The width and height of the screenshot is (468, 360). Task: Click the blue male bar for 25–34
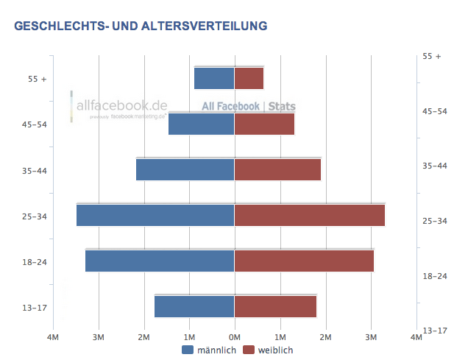tap(155, 215)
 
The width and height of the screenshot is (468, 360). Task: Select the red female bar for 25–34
tap(309, 215)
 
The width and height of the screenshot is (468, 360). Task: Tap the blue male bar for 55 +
tap(214, 78)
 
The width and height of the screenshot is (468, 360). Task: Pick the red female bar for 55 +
tap(249, 78)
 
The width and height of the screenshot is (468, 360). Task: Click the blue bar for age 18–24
tap(160, 261)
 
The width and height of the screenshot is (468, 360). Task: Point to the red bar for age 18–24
tap(304, 261)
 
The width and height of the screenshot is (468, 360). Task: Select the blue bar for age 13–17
tap(194, 306)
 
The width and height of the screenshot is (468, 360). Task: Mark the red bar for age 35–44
tap(277, 169)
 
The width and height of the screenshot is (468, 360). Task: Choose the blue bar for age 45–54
tap(201, 124)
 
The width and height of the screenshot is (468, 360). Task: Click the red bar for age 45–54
tap(264, 124)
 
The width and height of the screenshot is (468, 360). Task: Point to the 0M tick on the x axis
tap(234, 337)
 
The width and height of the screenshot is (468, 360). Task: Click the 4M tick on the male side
tap(53, 337)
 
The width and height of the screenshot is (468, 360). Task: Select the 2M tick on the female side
tap(325, 337)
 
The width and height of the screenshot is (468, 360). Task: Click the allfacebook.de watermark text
tap(122, 105)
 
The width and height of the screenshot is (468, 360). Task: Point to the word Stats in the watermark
tap(282, 107)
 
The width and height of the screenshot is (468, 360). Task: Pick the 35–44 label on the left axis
tap(35, 170)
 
